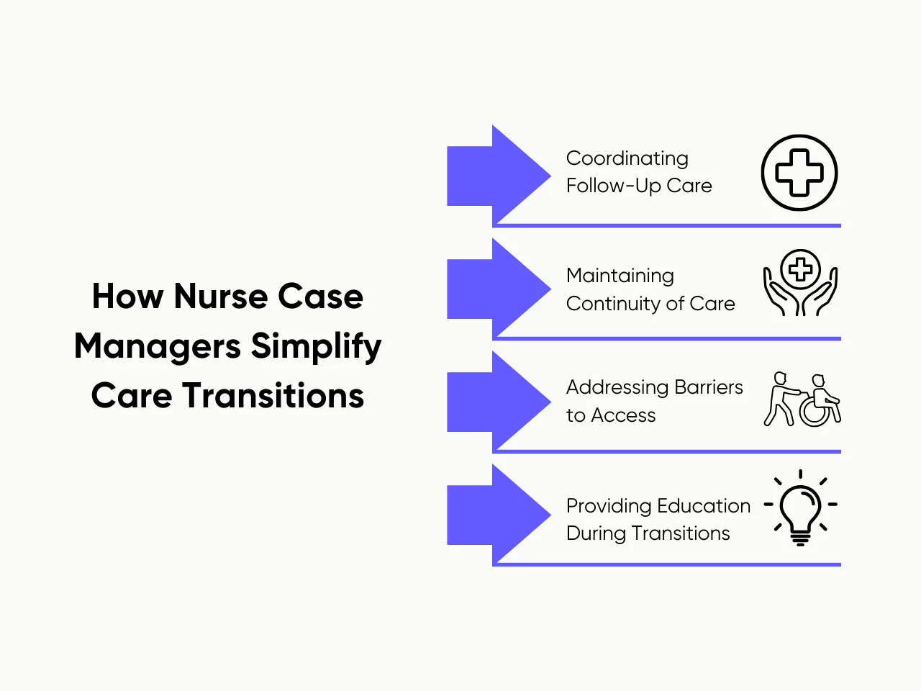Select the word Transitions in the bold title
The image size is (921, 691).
(x=273, y=396)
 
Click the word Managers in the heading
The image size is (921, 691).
(x=158, y=347)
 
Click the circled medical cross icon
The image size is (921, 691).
(x=799, y=173)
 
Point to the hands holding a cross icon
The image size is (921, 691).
(x=800, y=283)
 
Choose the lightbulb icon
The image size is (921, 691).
(x=800, y=508)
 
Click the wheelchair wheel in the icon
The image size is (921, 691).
(x=815, y=412)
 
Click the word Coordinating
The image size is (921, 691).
(x=627, y=159)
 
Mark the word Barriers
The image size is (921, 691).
(x=708, y=387)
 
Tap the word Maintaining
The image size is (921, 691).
(x=620, y=276)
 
